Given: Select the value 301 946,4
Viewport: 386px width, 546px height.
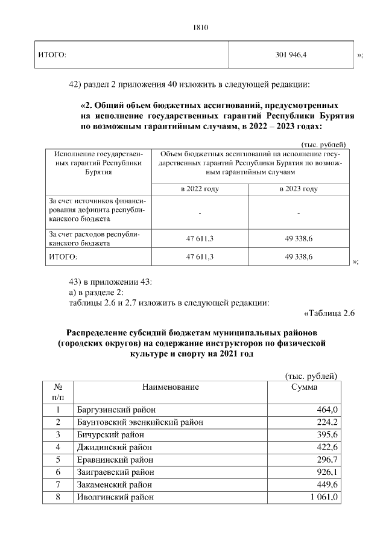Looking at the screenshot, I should [x=290, y=55].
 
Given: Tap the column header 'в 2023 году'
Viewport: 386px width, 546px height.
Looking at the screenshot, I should [x=299, y=189].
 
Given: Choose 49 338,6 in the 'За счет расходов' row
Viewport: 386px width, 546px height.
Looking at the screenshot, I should [x=299, y=239].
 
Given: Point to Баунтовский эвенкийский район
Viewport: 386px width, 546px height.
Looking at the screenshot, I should [x=139, y=422].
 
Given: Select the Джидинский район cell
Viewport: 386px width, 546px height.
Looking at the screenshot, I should [x=113, y=447].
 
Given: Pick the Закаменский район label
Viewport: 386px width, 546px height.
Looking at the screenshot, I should [x=115, y=484].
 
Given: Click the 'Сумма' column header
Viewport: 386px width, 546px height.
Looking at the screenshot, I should [x=304, y=387].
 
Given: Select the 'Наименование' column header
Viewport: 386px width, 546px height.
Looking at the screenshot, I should [x=171, y=387].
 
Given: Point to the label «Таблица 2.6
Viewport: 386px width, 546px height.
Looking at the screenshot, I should [x=327, y=313].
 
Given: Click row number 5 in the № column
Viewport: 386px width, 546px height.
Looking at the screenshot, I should [x=59, y=460].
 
